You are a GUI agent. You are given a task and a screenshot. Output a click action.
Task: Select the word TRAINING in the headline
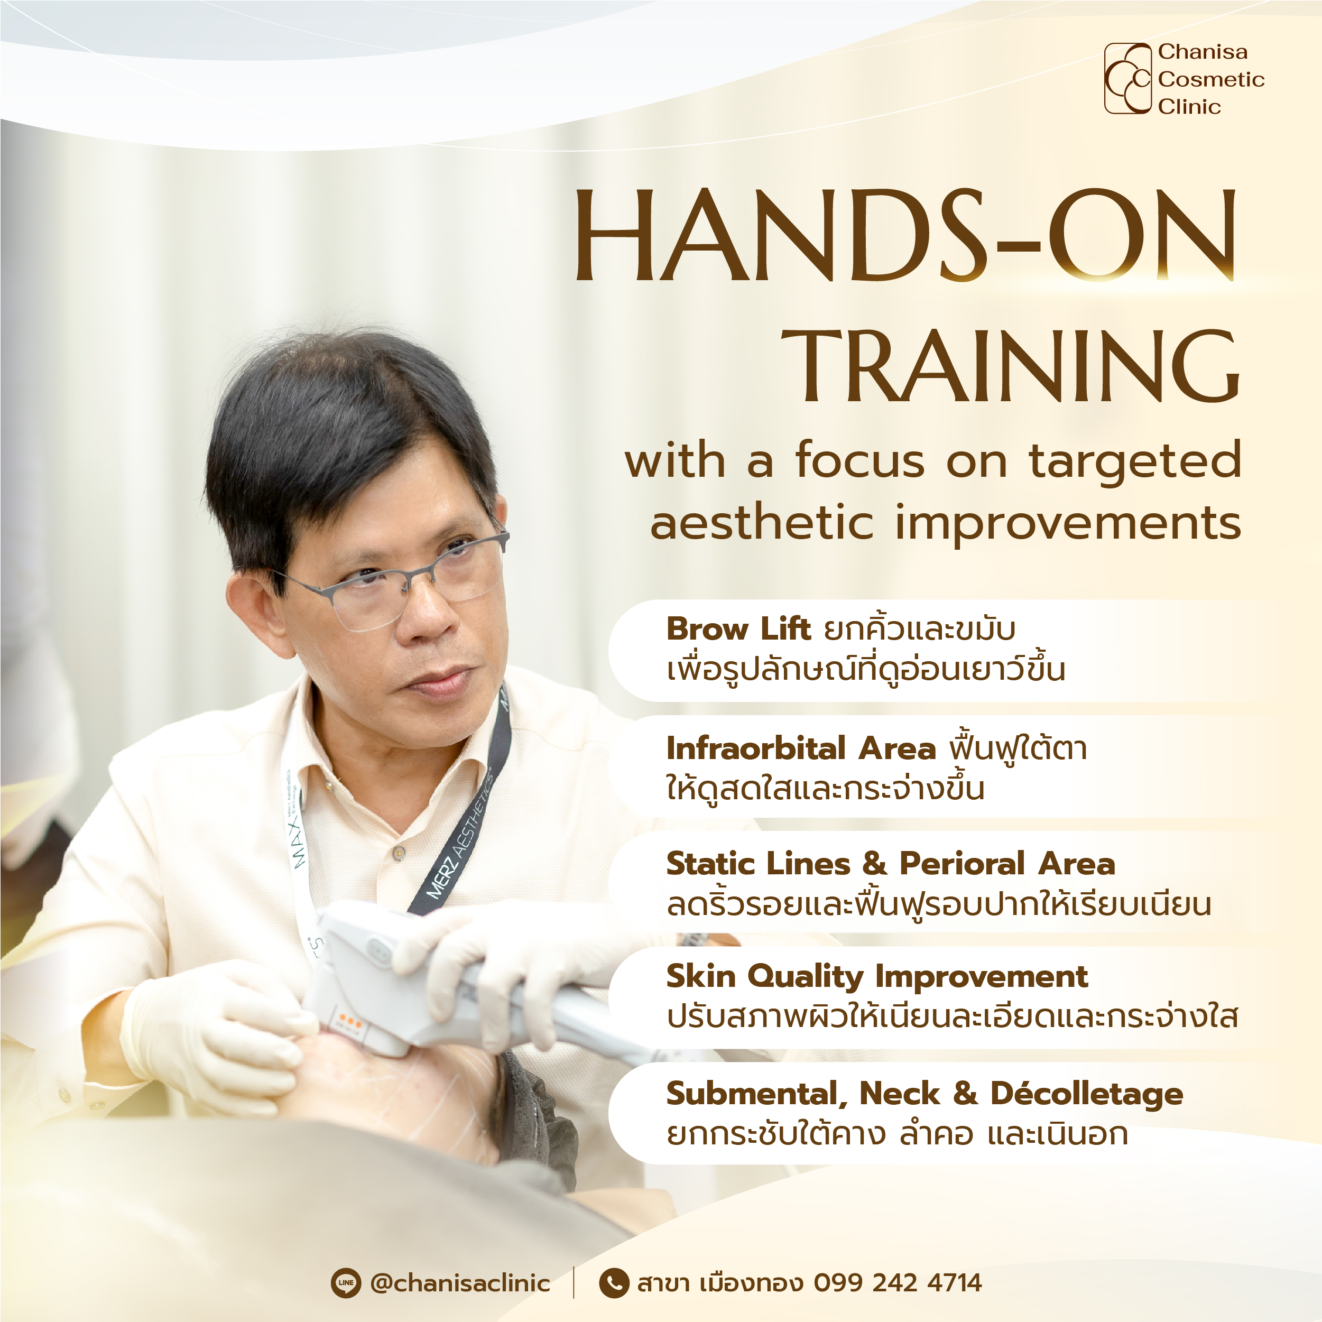[x=1011, y=366]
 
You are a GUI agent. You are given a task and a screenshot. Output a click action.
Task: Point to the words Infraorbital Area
[x=801, y=748]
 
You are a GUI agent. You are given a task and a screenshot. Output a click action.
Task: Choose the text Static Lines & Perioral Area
[x=891, y=864]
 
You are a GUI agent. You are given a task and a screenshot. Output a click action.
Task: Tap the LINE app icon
[x=346, y=1283]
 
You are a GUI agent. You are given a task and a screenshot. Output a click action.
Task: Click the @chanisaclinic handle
[x=460, y=1283]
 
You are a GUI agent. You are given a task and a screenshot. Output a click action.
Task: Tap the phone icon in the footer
[x=614, y=1283]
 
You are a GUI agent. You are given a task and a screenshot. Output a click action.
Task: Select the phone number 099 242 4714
[x=898, y=1283]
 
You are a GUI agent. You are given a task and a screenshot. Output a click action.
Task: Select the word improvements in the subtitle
[x=1068, y=523]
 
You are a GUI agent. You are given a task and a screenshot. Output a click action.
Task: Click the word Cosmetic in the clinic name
[x=1211, y=79]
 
